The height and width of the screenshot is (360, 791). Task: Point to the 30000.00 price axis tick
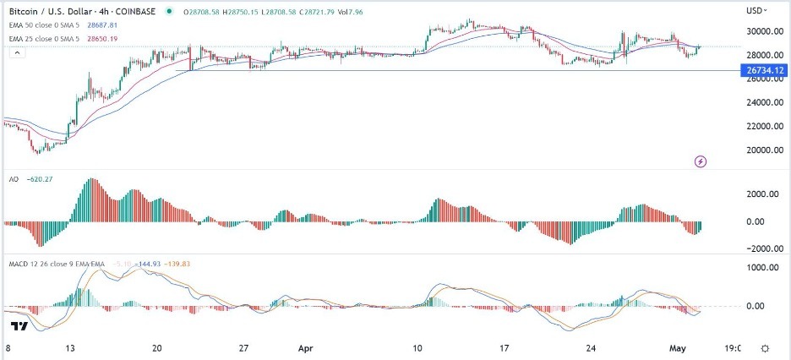[761, 32]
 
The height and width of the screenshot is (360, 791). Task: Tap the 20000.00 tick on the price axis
[761, 150]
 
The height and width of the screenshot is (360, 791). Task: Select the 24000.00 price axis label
[761, 103]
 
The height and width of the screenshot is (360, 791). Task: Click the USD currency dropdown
[757, 10]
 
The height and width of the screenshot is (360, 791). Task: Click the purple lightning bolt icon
[701, 161]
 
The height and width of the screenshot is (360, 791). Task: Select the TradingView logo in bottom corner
[20, 326]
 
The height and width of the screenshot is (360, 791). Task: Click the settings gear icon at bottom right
[765, 347]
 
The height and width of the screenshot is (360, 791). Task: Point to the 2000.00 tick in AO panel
[761, 194]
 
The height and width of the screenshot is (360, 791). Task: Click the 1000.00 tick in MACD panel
[761, 267]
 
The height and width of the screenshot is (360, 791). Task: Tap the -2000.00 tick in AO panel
[760, 248]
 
